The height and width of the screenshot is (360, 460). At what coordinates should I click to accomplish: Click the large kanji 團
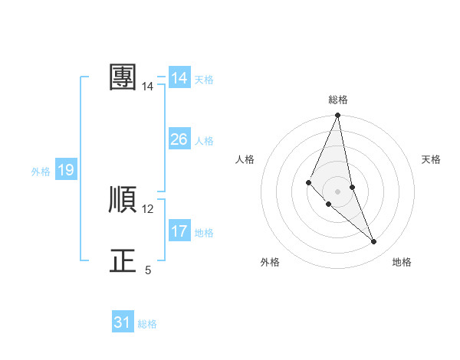(123, 77)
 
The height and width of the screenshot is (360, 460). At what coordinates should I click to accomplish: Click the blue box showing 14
(179, 78)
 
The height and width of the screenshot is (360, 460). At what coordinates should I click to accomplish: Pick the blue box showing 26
(179, 139)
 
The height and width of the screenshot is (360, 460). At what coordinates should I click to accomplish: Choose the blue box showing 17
(179, 231)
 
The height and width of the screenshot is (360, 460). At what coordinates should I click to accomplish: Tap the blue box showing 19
(66, 171)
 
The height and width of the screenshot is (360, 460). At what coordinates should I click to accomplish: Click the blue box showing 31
(123, 322)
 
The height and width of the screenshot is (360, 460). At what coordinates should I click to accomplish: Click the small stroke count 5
(148, 270)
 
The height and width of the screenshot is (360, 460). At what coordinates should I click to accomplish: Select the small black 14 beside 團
(148, 87)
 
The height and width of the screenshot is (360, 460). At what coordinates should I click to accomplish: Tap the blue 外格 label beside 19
(41, 172)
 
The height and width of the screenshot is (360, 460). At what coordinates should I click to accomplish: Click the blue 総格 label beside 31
(147, 324)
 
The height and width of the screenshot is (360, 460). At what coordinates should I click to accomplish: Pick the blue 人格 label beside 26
(204, 141)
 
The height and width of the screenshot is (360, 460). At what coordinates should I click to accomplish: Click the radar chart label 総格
(338, 100)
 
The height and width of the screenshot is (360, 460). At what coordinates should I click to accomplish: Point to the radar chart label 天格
(432, 159)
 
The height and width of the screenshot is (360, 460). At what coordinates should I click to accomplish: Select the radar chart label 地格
(402, 263)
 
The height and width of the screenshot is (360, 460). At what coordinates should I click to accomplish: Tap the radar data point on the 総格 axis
(338, 116)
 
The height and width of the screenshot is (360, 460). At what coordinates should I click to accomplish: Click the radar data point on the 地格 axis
(374, 242)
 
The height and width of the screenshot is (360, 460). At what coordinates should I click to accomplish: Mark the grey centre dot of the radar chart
(338, 191)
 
